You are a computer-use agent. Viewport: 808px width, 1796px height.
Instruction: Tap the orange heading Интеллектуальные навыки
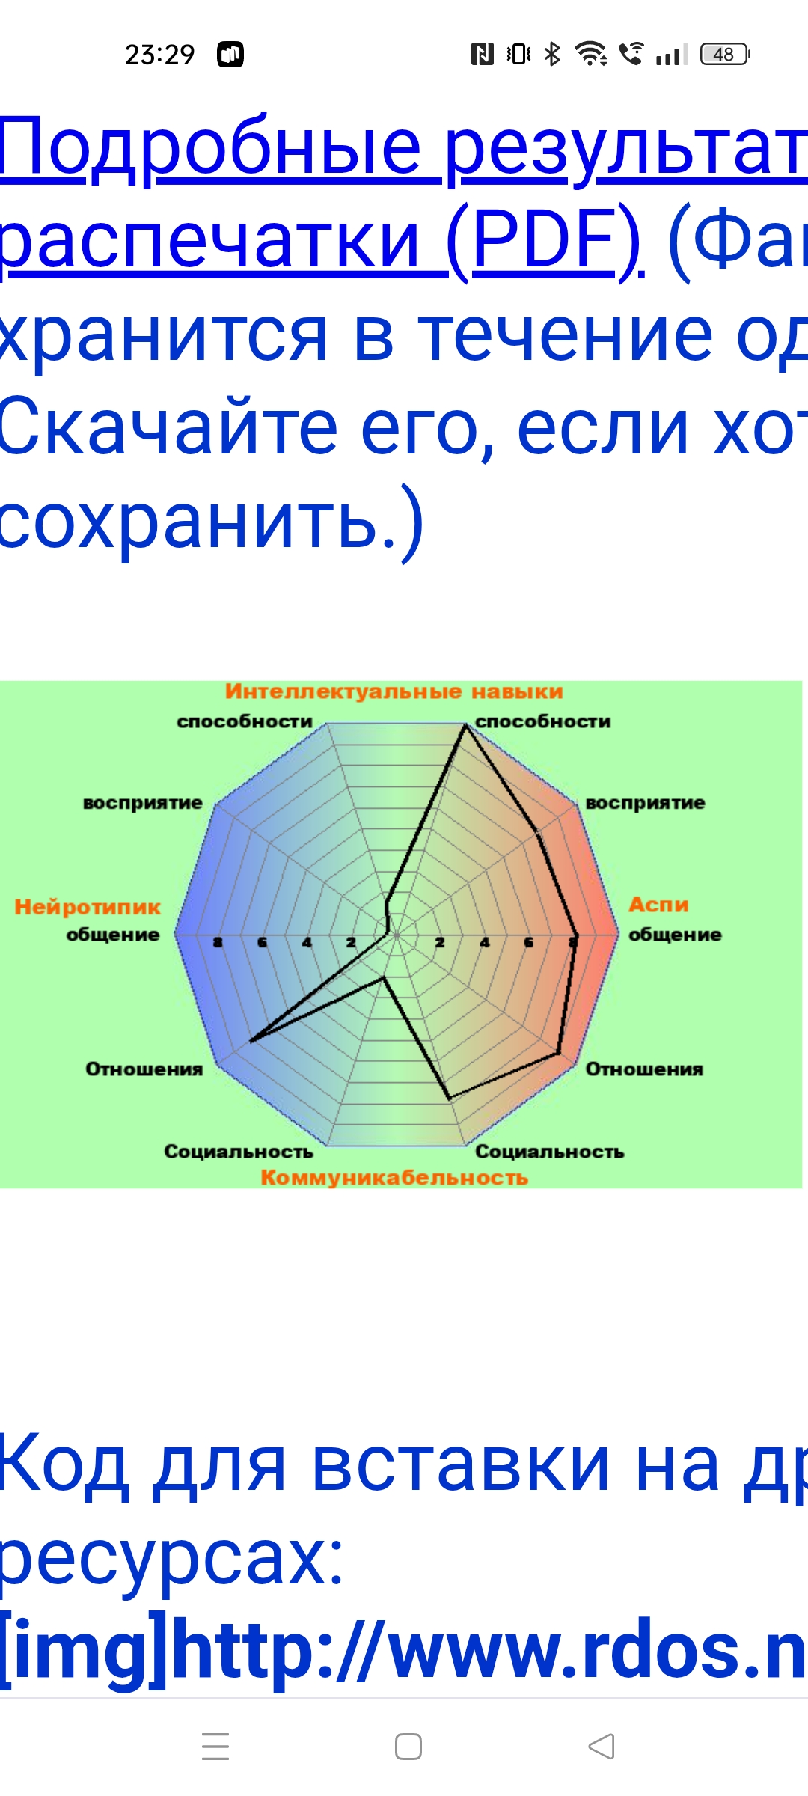[394, 691]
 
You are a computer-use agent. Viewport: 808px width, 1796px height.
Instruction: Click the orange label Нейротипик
[88, 907]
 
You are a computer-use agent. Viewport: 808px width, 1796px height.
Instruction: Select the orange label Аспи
[658, 905]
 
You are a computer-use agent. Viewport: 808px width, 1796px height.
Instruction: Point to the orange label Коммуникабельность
[394, 1178]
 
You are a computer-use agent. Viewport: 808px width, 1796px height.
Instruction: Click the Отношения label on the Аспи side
[644, 1069]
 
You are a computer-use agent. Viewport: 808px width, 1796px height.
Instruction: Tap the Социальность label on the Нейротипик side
[239, 1152]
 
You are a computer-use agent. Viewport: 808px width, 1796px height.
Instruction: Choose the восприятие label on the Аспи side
[645, 803]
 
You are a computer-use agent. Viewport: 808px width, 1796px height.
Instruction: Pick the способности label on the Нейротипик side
[245, 721]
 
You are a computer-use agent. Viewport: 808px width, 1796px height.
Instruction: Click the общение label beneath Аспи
[675, 935]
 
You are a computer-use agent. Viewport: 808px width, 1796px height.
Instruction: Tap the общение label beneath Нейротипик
[113, 935]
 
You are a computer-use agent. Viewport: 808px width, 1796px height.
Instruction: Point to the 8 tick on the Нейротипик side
[218, 942]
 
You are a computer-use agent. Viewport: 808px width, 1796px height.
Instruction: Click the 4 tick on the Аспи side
[485, 942]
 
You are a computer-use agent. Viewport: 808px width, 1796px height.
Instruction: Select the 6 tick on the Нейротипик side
[262, 942]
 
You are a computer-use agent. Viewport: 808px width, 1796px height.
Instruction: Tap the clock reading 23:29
[159, 55]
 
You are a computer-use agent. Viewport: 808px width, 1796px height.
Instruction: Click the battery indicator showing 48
[724, 55]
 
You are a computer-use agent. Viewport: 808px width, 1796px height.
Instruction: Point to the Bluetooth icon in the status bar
[552, 55]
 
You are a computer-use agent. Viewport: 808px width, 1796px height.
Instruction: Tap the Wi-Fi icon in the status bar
[590, 55]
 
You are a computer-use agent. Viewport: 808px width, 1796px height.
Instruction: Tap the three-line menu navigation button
[215, 1746]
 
